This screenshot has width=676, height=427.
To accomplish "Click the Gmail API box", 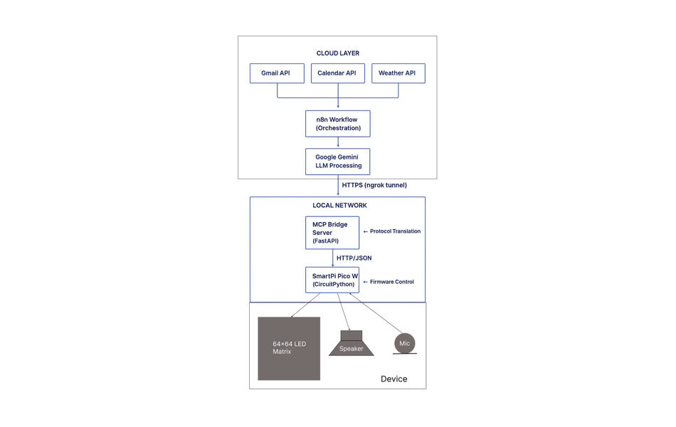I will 277,73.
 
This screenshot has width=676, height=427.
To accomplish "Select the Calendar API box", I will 337,73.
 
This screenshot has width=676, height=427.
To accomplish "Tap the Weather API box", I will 398,73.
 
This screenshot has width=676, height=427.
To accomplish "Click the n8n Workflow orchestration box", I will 338,124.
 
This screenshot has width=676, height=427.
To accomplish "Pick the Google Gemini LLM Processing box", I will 338,161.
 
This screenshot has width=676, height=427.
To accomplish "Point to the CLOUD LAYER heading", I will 338,53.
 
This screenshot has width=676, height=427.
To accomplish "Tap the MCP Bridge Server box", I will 332,233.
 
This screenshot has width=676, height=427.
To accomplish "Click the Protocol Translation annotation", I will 392,231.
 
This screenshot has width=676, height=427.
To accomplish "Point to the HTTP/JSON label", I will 354,258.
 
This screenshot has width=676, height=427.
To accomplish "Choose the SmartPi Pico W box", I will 332,280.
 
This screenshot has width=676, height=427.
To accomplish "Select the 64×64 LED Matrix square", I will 289,348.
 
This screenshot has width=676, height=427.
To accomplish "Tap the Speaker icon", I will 351,344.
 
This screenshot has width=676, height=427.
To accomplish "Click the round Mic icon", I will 405,344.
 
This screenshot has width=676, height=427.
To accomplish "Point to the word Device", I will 394,379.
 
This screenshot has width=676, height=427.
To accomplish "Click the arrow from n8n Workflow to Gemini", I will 338,142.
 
